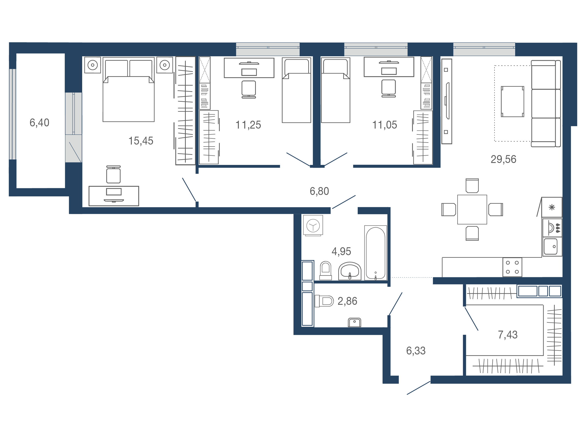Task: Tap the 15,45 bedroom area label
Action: coord(141,141)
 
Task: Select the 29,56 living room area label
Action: coord(503,159)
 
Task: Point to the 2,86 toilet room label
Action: coord(347,301)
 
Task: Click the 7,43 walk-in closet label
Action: coord(508,335)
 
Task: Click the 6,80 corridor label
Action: coord(319,191)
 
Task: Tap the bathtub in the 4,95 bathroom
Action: coord(375,253)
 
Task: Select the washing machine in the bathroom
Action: coord(313,225)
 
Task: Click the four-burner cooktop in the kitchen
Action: coord(512,267)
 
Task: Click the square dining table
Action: coord(472,210)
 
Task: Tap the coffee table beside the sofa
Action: coord(512,102)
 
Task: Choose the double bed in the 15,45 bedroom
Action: coord(128,90)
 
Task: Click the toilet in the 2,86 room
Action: coord(324,301)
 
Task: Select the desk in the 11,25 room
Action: coord(249,68)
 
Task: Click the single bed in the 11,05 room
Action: coord(335,90)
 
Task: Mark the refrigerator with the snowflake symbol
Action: coord(552,207)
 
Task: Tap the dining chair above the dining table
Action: coord(472,186)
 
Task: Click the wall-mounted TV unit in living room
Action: coord(447,101)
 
